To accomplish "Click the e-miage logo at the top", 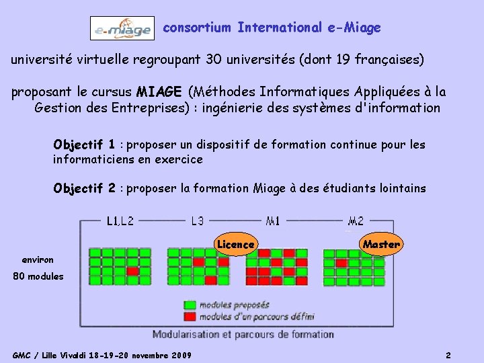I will point(122,28).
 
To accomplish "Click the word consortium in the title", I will point(195,28).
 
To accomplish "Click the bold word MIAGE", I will point(159,91).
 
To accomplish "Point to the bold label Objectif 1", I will point(84,145).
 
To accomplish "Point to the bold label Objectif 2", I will point(84,188).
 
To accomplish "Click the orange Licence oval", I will point(235,245).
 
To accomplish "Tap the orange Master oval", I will point(381,245).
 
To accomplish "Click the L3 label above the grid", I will point(198,220).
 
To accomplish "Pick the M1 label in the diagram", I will point(274,220).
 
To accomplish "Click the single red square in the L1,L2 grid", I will point(132,271).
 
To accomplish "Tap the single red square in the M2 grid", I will point(341,263).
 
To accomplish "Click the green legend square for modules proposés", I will point(190,305).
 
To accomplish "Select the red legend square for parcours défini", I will point(190,316).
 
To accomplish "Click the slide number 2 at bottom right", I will point(448,355).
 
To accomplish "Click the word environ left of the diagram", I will point(38,259).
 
